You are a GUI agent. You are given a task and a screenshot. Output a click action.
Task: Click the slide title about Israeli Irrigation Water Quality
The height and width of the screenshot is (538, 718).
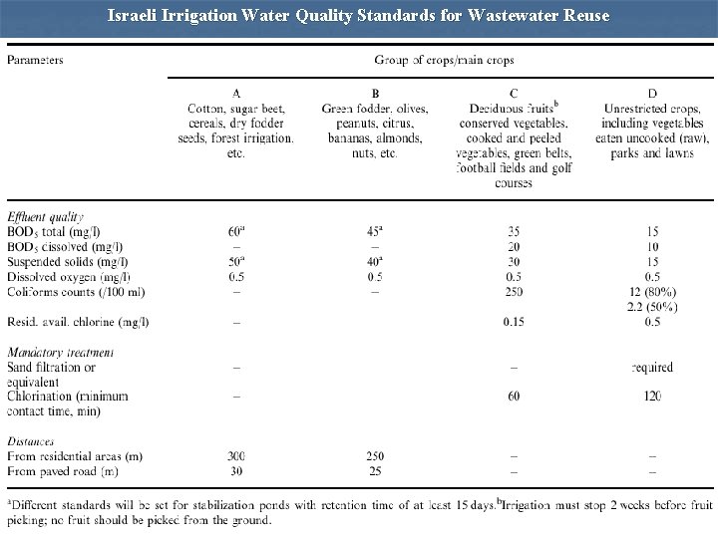[x=359, y=16]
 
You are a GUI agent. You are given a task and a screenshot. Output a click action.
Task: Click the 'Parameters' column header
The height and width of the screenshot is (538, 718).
[x=36, y=59]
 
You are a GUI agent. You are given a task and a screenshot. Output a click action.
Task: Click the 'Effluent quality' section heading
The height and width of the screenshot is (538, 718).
[x=45, y=215]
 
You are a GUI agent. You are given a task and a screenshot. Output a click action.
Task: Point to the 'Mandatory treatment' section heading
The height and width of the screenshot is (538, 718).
[x=60, y=352]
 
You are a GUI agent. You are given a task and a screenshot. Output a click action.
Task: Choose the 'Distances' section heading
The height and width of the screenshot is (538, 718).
[x=31, y=440]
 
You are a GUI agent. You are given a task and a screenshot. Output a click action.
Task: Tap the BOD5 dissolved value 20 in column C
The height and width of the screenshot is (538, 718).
[x=513, y=246]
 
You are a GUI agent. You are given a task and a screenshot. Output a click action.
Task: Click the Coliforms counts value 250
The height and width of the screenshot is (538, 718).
[x=513, y=291]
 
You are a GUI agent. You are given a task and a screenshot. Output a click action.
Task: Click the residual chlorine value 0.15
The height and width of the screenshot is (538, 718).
[x=513, y=322]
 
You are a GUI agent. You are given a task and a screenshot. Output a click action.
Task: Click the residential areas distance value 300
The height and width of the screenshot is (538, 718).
[x=235, y=456]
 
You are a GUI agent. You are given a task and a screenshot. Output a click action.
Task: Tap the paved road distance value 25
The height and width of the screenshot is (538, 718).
[x=375, y=470]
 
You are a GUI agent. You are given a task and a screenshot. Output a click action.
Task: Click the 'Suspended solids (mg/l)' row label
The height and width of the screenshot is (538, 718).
[x=68, y=261]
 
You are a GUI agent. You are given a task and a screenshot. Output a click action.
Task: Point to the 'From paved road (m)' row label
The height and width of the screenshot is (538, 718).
[x=63, y=470]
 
